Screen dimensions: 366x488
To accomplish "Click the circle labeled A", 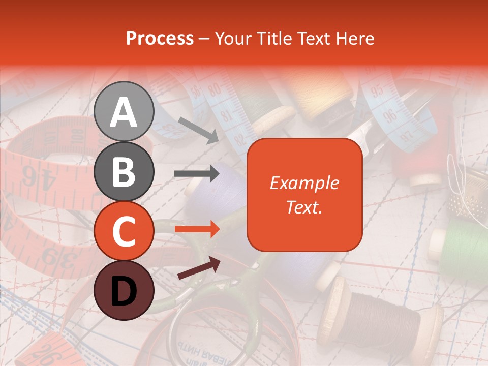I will point(124,111).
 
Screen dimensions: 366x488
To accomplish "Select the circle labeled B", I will point(124,171).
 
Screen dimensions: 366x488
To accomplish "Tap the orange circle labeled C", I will point(124,231).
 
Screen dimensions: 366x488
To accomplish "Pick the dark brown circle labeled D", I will point(124,290).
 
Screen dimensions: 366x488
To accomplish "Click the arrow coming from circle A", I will point(198,129).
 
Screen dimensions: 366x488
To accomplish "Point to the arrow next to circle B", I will point(197,173).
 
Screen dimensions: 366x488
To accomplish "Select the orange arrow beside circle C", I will point(197,229).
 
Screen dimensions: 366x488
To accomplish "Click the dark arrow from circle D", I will point(199,267).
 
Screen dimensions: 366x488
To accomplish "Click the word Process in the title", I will point(160,38).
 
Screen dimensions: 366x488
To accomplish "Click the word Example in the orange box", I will point(304,183).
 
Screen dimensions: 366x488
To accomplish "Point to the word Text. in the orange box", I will point(304,207).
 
